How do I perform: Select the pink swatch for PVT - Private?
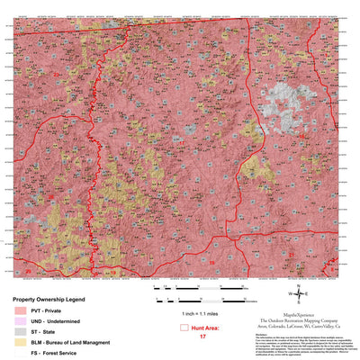(19, 310)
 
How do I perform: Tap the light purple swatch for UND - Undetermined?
(19, 321)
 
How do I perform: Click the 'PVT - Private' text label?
(53, 310)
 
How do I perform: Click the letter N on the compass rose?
(300, 283)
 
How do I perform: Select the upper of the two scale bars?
(202, 287)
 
